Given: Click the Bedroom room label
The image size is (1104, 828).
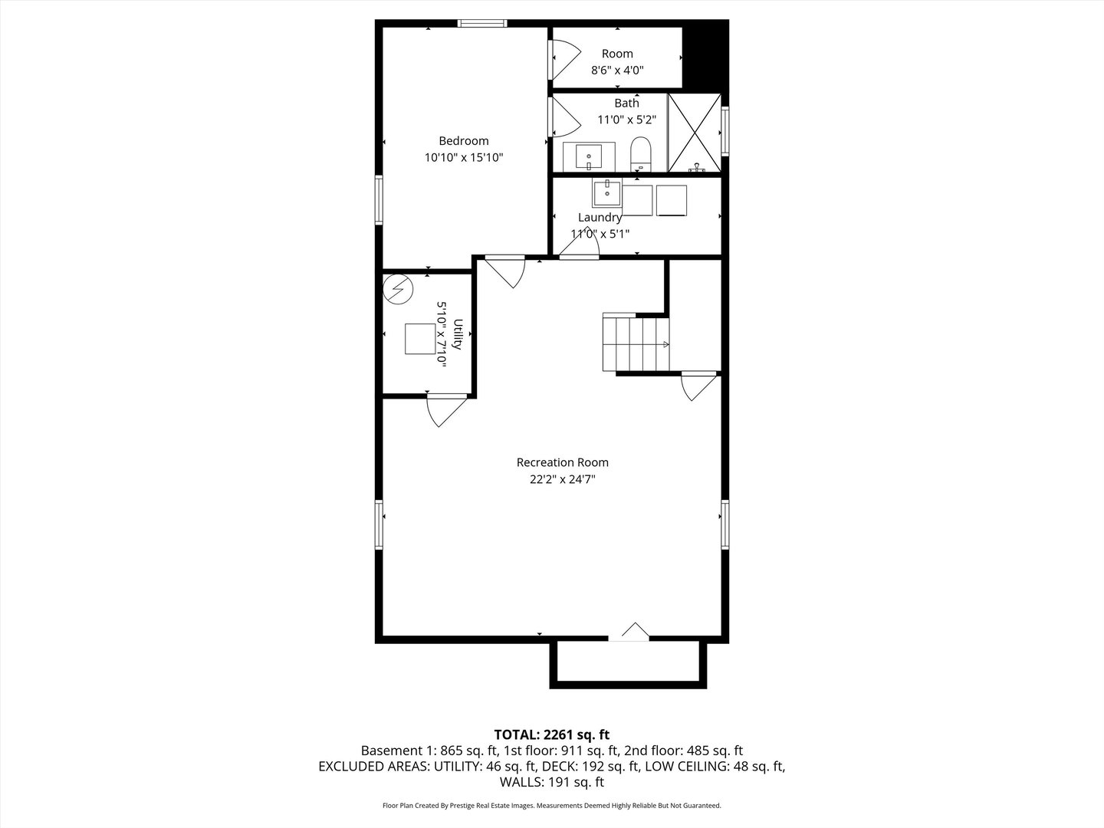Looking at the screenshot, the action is pos(463,141).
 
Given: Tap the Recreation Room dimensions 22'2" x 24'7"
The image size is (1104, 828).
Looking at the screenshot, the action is pos(562,479).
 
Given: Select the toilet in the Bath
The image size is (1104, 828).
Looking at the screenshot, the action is pos(640,154).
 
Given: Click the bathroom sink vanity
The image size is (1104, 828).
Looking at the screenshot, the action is pos(589,157).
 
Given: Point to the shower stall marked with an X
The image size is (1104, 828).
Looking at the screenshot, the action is pos(695,133).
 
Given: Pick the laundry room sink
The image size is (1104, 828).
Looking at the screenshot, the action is pos(607,192).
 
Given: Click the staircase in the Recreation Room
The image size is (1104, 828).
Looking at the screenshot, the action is pos(636,342).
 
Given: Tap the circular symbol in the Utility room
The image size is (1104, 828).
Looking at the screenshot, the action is pos(398,289).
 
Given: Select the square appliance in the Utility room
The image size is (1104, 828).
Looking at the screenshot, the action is pos(420,339).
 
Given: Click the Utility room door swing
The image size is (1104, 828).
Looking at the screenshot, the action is pos(447,411).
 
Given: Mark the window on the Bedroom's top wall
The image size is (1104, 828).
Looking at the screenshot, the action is pos(481,23).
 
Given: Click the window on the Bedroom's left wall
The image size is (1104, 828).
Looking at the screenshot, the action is pos(379,199).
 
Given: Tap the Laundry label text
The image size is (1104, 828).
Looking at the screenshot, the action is pos(600,217).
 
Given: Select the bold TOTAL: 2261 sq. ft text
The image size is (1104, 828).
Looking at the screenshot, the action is pos(552,735).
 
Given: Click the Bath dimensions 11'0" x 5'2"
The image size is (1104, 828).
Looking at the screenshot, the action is pos(626,120).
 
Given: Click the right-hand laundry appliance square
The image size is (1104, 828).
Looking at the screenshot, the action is pos(672,201).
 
